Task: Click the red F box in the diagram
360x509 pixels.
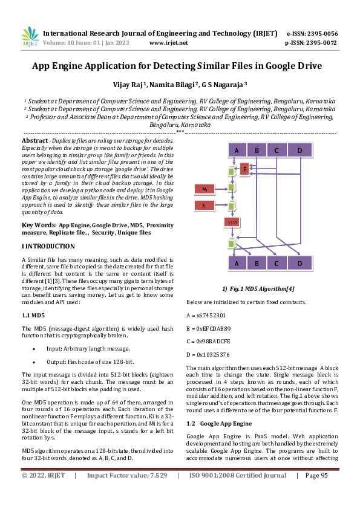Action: (x=245, y=169)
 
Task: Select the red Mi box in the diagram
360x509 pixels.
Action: (x=205, y=190)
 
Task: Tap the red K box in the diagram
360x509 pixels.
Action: (x=205, y=206)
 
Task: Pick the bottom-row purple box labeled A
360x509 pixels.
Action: (x=237, y=264)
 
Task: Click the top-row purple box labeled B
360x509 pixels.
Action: (x=257, y=150)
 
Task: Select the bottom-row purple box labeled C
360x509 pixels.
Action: (x=276, y=264)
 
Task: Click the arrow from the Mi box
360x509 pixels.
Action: (x=221, y=190)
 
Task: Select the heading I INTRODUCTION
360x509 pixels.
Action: (x=48, y=247)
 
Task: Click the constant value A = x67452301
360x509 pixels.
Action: (x=206, y=315)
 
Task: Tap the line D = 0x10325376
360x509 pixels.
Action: (x=208, y=354)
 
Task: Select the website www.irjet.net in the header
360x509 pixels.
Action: (x=168, y=43)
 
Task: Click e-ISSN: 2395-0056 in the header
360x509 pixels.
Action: (x=312, y=33)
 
